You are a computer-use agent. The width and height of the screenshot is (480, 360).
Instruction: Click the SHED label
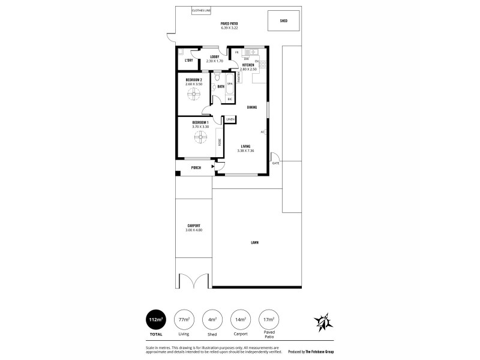pos(284,20)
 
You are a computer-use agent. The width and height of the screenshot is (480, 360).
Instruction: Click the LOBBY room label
pos(214,58)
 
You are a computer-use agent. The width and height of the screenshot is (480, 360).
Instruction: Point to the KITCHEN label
pos(248,65)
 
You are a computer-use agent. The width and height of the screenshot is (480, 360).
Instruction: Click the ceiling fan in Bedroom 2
pos(193,94)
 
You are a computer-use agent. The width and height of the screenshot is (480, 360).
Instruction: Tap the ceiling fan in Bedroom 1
pos(200,139)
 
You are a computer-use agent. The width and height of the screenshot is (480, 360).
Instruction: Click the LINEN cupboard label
pos(230,120)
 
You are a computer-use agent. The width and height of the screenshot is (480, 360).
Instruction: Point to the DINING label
pos(252,107)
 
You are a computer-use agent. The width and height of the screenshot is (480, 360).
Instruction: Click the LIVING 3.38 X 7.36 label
pos(246,148)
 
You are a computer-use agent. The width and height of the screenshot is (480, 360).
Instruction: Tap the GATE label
pos(276,163)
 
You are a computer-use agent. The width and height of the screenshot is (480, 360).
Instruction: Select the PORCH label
pos(196,168)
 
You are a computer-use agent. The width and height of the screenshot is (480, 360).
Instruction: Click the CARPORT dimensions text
pos(194,230)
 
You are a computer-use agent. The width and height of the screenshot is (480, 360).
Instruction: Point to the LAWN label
pos(255,243)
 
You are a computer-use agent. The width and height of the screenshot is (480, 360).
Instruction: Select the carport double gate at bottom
pos(193,280)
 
